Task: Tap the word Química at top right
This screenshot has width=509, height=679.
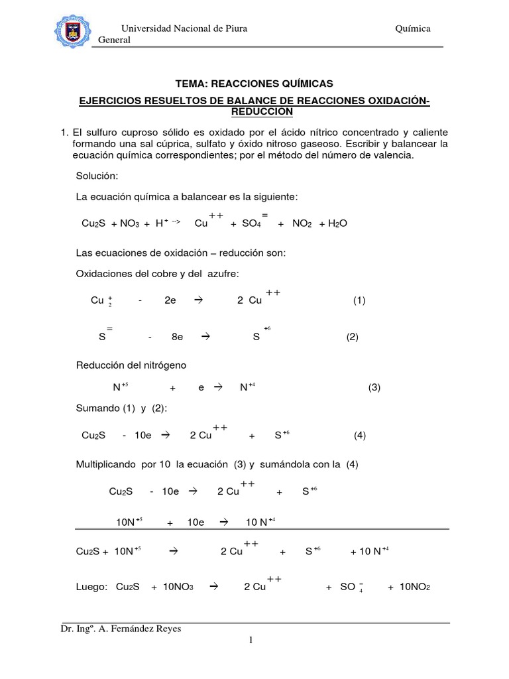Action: click(x=413, y=29)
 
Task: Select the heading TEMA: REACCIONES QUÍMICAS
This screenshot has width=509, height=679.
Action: click(x=254, y=84)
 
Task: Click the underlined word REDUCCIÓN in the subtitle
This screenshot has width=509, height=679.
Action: click(x=254, y=111)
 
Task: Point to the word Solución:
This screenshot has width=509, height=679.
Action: click(x=97, y=178)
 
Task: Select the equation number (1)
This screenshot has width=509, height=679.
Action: click(x=359, y=300)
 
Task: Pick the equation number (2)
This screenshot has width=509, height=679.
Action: click(x=352, y=337)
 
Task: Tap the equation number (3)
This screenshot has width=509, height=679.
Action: click(x=374, y=388)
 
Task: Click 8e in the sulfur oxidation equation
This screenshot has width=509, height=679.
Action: click(x=177, y=337)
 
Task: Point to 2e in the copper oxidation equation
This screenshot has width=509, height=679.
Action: click(x=170, y=300)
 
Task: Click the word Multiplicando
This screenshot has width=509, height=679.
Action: click(x=107, y=464)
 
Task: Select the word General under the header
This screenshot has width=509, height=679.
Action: click(x=114, y=40)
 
